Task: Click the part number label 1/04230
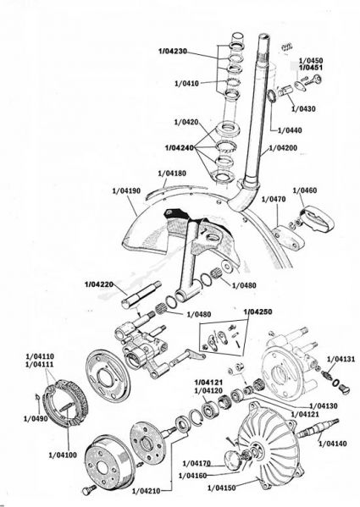pyautogui.click(x=173, y=51)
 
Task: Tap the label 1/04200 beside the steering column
pyautogui.click(x=283, y=148)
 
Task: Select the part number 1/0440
pyautogui.click(x=290, y=130)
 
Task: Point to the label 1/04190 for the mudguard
pyautogui.click(x=126, y=190)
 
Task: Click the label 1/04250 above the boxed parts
pyautogui.click(x=258, y=311)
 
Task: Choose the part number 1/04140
pyautogui.click(x=333, y=444)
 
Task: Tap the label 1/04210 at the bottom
pyautogui.click(x=147, y=491)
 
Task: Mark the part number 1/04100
pyautogui.click(x=63, y=455)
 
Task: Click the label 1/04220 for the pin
pyautogui.click(x=99, y=284)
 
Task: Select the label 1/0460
pyautogui.click(x=305, y=190)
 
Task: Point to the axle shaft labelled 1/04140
pyautogui.click(x=318, y=429)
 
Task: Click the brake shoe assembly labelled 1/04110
pyautogui.click(x=67, y=403)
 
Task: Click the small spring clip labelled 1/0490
pyautogui.click(x=37, y=397)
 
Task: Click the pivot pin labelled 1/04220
pyautogui.click(x=141, y=295)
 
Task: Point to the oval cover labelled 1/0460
pyautogui.click(x=318, y=221)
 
